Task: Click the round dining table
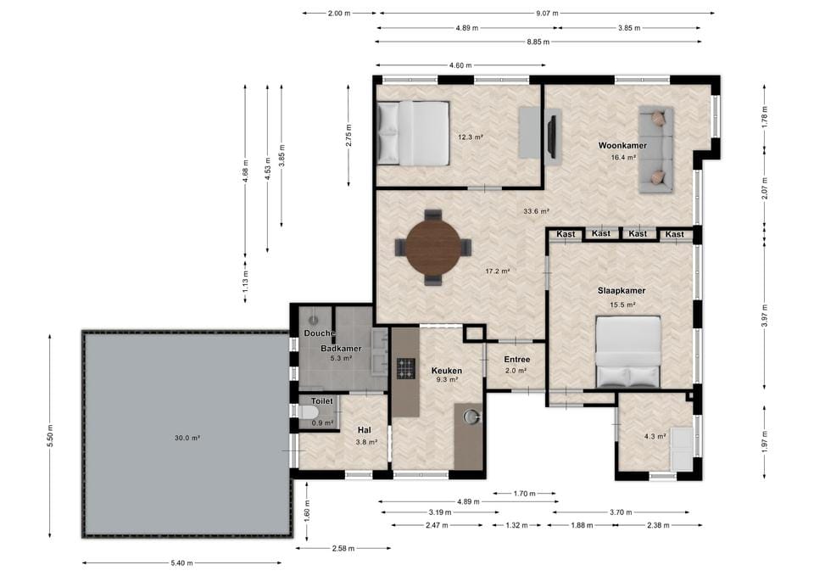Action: [432, 247]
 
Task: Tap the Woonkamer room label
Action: [622, 145]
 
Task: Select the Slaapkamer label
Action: [622, 291]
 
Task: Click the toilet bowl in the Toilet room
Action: [309, 412]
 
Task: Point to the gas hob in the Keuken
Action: [406, 368]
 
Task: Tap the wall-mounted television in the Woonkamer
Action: [552, 136]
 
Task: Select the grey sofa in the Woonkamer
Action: [655, 149]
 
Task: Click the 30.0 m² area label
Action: [187, 438]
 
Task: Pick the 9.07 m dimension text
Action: [547, 14]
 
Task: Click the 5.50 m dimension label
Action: [50, 436]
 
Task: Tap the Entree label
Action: [517, 360]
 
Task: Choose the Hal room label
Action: [364, 430]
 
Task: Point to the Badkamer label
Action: [341, 349]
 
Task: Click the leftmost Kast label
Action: [566, 234]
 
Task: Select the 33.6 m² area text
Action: [536, 211]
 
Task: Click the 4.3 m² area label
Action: [655, 437]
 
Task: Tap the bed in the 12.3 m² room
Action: [413, 133]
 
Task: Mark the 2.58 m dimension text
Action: [343, 549]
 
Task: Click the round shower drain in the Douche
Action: [313, 321]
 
